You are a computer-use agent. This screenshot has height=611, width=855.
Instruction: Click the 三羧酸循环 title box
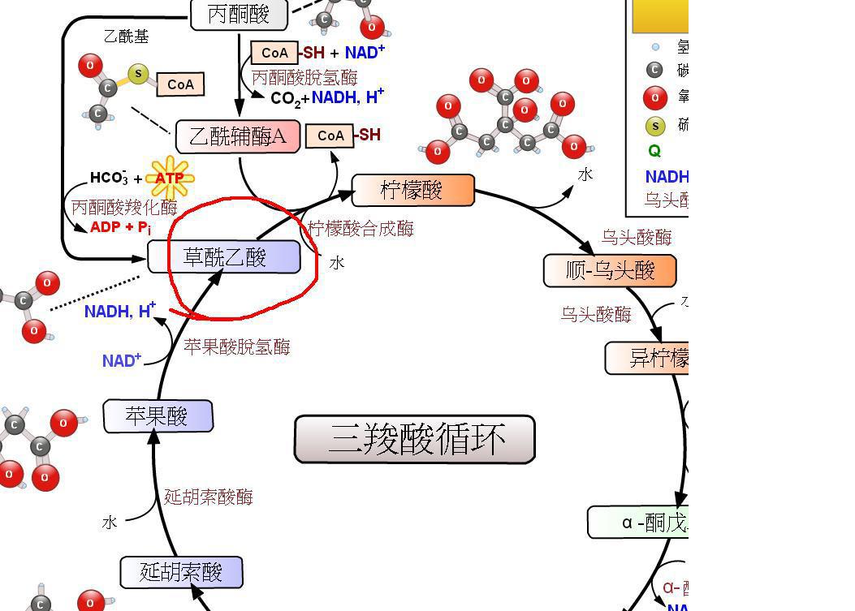(x=414, y=439)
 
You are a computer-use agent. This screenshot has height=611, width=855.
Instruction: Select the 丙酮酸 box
(x=240, y=14)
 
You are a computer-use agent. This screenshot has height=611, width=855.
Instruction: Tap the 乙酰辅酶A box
(x=238, y=136)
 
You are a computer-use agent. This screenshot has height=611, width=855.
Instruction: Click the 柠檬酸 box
(x=412, y=190)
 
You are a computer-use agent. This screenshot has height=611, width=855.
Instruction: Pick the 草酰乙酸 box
(x=225, y=257)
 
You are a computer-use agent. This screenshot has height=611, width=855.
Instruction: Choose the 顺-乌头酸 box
(x=610, y=270)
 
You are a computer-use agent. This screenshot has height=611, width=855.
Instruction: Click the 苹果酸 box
(x=158, y=416)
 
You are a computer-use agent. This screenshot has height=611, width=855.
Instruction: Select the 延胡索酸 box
(x=181, y=572)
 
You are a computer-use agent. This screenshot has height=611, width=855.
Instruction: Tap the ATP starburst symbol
(x=170, y=178)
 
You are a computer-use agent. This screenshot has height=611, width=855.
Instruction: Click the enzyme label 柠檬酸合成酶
(x=361, y=229)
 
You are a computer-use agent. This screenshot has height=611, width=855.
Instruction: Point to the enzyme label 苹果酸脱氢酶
(x=236, y=347)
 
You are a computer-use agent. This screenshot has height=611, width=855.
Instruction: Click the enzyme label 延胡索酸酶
(x=209, y=497)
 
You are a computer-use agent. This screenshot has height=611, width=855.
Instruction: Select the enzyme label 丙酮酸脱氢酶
(x=304, y=78)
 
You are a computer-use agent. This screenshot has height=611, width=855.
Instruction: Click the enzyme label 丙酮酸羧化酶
(x=123, y=207)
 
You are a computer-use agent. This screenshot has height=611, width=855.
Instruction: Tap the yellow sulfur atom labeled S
(x=139, y=75)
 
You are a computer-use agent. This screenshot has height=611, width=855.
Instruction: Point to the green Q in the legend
(x=654, y=151)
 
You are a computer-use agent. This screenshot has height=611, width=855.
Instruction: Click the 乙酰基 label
(x=126, y=37)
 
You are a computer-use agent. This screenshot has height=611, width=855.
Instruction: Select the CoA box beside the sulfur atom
(x=180, y=84)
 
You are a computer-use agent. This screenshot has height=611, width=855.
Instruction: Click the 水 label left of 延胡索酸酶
(x=110, y=523)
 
